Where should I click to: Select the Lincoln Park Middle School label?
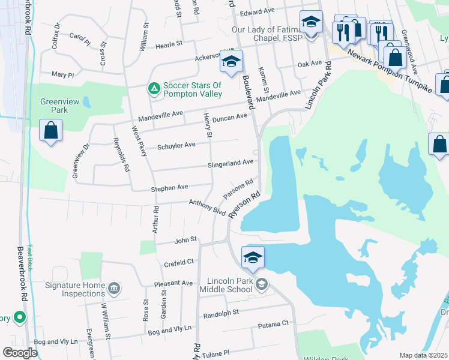coord(229,285)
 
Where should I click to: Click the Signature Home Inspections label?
coord(75,289)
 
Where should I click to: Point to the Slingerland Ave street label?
coord(231,163)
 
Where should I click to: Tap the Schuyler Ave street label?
coord(176,145)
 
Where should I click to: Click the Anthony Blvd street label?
coord(207,207)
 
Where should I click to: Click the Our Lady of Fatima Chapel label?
coord(268,34)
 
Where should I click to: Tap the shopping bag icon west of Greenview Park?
coord(51,131)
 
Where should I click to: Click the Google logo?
coord(20,353)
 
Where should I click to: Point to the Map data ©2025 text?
coord(424,355)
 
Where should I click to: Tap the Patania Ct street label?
coord(273,324)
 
